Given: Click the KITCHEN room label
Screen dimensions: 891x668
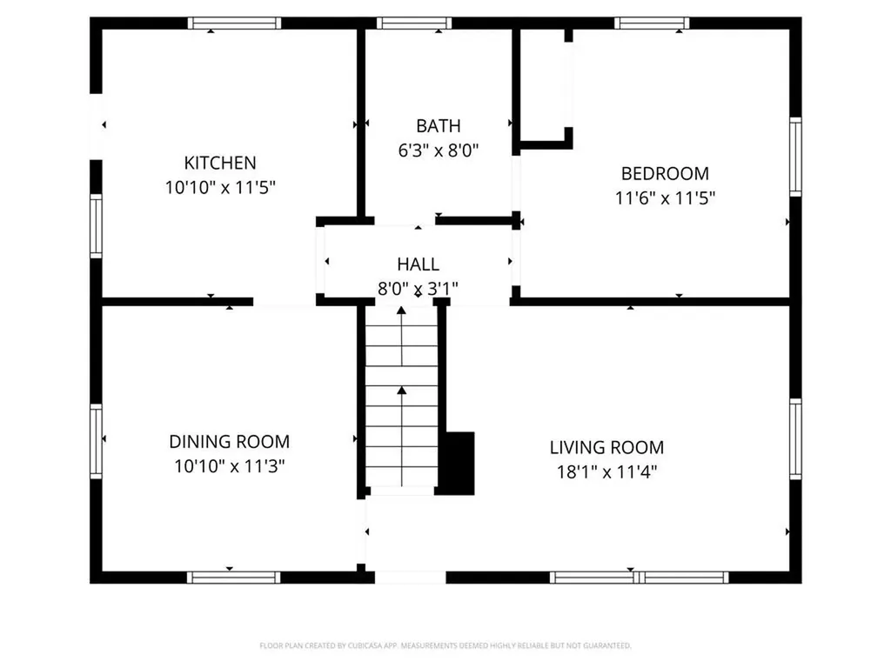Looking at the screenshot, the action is pos(220,163).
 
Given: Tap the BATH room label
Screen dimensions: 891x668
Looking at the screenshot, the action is pos(439,125).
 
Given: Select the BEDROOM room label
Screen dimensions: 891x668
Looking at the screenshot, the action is pos(665,173).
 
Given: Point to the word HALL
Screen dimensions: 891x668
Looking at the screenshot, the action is pos(418,264).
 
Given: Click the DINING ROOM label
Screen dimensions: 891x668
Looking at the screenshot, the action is pos(229,441).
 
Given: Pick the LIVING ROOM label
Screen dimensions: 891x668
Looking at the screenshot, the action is pos(606,448).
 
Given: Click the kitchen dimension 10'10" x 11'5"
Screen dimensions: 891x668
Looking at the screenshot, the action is pos(220,187).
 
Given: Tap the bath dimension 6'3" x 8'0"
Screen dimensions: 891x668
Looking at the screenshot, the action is pos(439,150).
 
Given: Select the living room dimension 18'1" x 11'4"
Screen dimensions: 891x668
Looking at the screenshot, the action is pos(606,472).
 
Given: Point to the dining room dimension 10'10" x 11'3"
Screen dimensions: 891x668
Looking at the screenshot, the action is pos(229,466).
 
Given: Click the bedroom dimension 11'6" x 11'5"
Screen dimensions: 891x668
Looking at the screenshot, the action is pos(665,197).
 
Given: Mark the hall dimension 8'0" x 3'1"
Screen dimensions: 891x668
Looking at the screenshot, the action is pos(418,289).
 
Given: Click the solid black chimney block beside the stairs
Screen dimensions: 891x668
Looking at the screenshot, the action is pos(459,463).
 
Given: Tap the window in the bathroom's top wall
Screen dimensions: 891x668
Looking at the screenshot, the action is pos(413,23).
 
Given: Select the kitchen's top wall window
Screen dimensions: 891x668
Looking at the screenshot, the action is pos(234,23).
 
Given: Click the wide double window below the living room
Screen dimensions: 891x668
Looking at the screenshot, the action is pos(640,578).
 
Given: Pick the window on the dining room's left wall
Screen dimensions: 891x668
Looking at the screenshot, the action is pos(96,441).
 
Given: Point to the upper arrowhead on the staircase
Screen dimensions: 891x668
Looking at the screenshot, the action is pos(401,311).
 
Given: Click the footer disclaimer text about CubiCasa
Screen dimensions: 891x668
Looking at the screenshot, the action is pos(445,645).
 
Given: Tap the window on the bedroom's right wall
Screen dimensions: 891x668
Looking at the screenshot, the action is pos(795,157).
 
